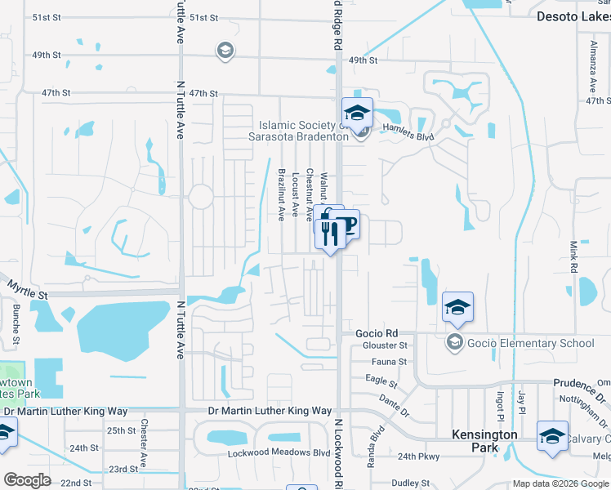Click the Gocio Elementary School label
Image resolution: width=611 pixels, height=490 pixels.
(x=530, y=343)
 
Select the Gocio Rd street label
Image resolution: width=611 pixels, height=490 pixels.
(x=377, y=333)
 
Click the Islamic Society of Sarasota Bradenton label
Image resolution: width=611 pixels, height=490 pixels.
(x=304, y=131)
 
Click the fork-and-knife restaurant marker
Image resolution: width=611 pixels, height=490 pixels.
(x=329, y=234)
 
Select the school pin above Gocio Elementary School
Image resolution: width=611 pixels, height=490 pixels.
(x=457, y=307)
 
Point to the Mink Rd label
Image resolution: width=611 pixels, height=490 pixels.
(x=573, y=256)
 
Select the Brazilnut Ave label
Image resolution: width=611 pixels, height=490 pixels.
(x=281, y=194)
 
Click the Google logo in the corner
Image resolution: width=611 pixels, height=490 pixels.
(x=27, y=480)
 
